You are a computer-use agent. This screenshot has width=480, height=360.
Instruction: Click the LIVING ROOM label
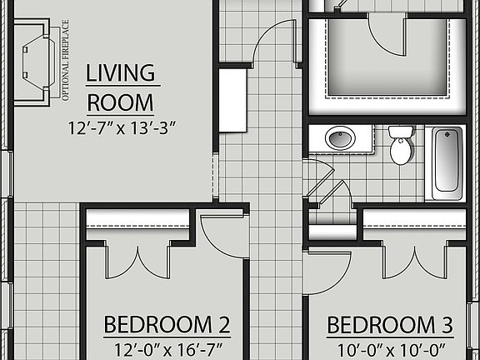coord(121,87)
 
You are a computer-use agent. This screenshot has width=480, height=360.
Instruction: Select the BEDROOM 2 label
coord(166,324)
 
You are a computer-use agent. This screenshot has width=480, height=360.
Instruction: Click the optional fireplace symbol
coord(33,62)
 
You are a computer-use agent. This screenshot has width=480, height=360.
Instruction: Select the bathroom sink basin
coord(340,137)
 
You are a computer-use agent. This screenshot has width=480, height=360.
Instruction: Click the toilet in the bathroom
coord(402,146)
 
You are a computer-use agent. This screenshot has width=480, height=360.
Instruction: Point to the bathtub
coord(447,162)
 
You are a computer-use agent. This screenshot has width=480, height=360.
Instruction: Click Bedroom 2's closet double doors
coord(137,260)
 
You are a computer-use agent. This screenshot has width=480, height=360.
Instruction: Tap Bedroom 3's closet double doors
coord(415,260)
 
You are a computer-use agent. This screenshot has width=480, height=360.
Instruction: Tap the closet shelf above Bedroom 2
coord(137,218)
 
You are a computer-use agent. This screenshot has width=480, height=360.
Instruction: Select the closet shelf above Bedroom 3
coord(414,218)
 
